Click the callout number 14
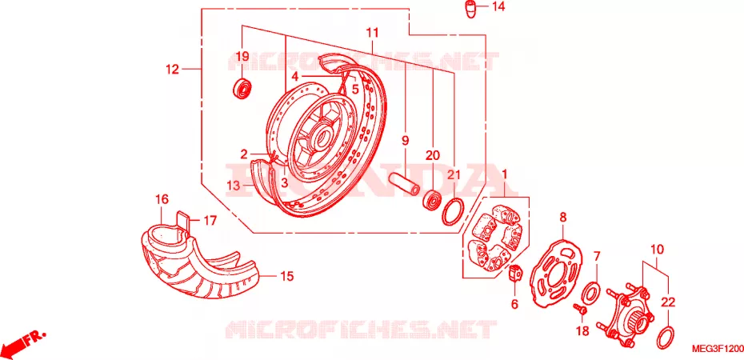[498, 6]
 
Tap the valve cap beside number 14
[470, 10]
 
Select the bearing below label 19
[243, 90]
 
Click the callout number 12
[172, 70]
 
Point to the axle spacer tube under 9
[405, 183]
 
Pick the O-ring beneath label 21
[453, 212]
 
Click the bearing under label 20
[432, 201]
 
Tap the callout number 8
[563, 218]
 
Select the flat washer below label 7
[590, 293]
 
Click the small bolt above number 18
[582, 310]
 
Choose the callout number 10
[657, 250]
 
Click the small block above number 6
[516, 274]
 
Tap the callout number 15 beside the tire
[286, 275]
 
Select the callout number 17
[210, 221]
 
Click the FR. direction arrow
[24, 342]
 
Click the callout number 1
[504, 174]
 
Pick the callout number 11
[373, 33]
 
